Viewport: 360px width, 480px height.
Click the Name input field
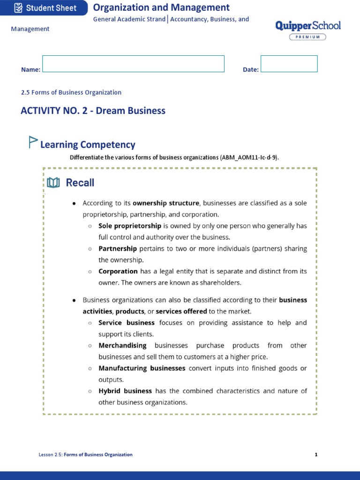pos(133,64)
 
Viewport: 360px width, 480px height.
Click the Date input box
pos(289,64)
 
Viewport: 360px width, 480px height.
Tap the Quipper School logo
pos(308,26)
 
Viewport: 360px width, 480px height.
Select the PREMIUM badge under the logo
pos(307,37)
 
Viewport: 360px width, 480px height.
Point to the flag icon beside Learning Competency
pos(33,142)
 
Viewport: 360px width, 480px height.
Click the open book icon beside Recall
pos(53,183)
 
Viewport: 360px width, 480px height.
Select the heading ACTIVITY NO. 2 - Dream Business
pos(93,111)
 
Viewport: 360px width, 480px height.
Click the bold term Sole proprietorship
pos(130,225)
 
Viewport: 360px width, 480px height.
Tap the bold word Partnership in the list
pos(118,248)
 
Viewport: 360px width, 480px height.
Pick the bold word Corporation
pos(118,271)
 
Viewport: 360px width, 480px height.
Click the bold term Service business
pos(126,322)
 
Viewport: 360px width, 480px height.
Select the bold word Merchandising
pos(122,345)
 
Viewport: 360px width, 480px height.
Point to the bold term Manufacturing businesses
pos(142,368)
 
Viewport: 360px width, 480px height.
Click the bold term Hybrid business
pos(125,390)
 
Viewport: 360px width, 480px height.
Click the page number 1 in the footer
pos(316,454)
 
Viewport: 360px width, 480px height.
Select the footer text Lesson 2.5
pos(50,454)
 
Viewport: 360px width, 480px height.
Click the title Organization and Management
pos(161,7)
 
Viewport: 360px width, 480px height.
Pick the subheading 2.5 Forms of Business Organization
pos(71,92)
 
